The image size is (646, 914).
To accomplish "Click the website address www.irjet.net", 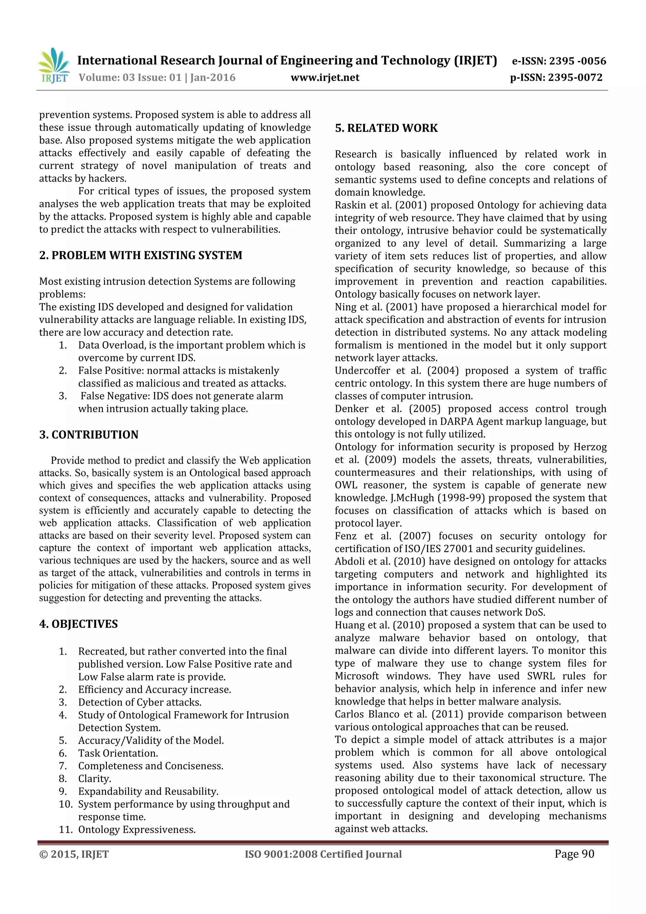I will coord(325,78).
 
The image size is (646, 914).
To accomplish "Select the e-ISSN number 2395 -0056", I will coord(577,61).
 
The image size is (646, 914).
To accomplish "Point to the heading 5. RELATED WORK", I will coord(386,128).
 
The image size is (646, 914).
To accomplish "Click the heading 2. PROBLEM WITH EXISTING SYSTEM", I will coord(140,255).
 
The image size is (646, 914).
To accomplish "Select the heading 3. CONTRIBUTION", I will coord(89,434).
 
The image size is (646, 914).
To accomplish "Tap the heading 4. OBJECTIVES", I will coord(79,624).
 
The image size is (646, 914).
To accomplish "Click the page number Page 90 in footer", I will coord(574,854).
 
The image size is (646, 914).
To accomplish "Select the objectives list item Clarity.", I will coord(95,779).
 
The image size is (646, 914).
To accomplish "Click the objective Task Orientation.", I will coord(118,753).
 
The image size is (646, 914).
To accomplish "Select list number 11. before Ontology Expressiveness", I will coord(66,830).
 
